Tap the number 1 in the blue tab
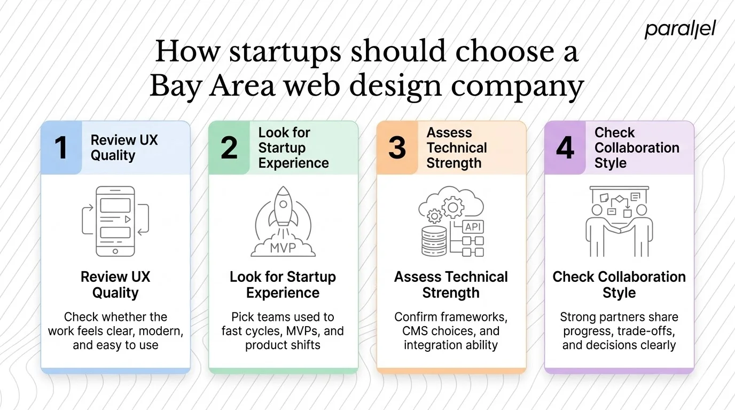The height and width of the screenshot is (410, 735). point(61,148)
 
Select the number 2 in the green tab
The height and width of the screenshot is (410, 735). point(229,148)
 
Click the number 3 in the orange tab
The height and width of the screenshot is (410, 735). point(397,148)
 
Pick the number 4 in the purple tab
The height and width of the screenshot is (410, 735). point(565,148)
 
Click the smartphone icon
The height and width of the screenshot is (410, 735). point(115,221)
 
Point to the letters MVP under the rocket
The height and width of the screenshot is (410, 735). point(283,248)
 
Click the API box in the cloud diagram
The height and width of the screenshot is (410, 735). point(473,226)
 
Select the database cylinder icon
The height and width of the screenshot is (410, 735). point(434,241)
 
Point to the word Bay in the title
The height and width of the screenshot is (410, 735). point(176,86)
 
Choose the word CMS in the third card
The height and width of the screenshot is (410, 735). point(417,331)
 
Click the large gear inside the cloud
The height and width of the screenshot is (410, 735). point(455,205)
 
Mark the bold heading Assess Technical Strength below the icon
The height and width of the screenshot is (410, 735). point(451,285)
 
